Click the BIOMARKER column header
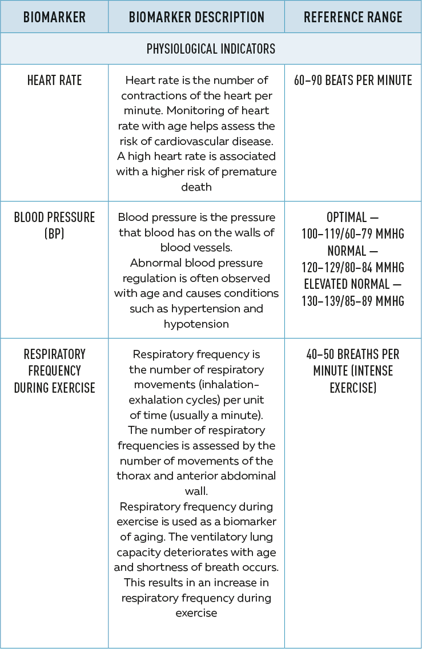pos(54,17)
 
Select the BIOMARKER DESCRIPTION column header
pos(196,17)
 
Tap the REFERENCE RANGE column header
pos(353,17)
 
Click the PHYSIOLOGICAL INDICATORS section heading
pos(211,49)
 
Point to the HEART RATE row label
pos(54,80)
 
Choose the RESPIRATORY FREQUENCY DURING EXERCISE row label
pos(54,371)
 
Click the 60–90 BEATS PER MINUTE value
pos(353,80)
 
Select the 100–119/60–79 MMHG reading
pos(353,234)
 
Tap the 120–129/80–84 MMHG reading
pos(353,267)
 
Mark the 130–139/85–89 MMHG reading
pos(353,301)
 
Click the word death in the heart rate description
pos(196,187)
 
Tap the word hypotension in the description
pos(196,324)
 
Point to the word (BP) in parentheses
pos(54,234)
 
